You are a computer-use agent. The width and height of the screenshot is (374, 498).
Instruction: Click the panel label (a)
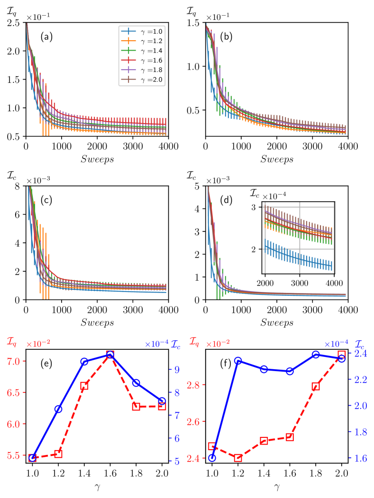pyautogui.click(x=47, y=37)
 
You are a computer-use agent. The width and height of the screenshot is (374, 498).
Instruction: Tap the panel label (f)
pyautogui.click(x=226, y=365)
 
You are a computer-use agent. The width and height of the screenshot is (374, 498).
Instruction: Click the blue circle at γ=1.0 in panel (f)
pyautogui.click(x=212, y=458)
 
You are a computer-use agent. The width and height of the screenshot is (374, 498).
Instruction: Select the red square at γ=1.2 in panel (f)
pyautogui.click(x=238, y=458)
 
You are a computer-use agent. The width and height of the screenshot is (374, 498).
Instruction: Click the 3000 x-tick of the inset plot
pyautogui.click(x=300, y=283)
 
